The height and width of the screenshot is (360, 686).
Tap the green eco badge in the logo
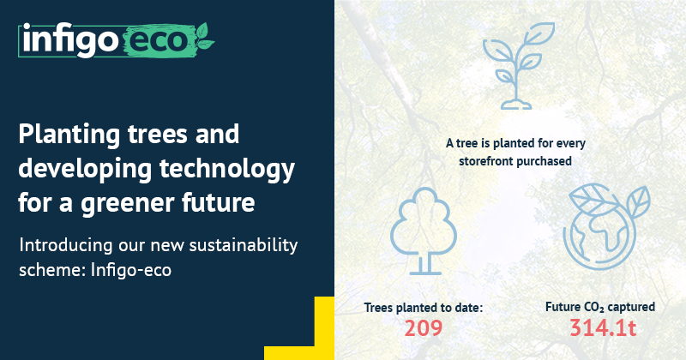point(157,40)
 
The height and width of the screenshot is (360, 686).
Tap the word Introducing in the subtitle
point(66,246)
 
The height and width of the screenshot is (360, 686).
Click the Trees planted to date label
point(424,306)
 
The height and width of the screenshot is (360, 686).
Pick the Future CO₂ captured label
point(599,306)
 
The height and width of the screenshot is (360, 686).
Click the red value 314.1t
point(599,327)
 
